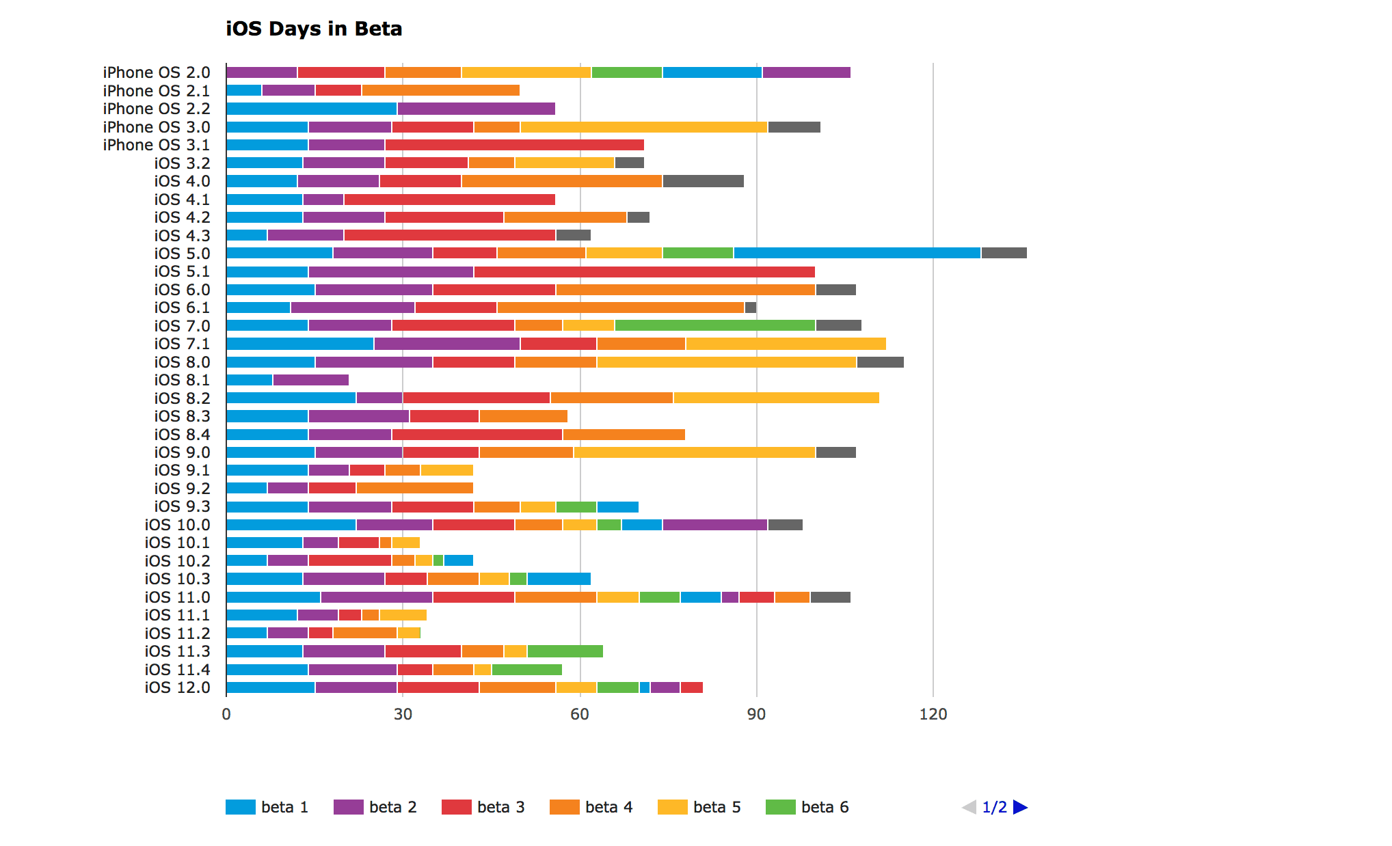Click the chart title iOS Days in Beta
tap(314, 29)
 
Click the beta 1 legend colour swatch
tap(240, 807)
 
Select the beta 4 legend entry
tap(592, 807)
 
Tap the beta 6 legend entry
tap(808, 807)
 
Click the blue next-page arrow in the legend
tap(1020, 807)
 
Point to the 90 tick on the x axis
tap(756, 714)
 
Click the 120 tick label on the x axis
tap(933, 714)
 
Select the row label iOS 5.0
tap(182, 254)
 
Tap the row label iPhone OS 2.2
tap(157, 109)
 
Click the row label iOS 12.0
tap(177, 687)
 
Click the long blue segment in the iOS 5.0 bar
tap(857, 253)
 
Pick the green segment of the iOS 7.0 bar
tap(714, 325)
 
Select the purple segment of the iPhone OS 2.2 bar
tap(476, 109)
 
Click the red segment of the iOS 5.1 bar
tap(644, 271)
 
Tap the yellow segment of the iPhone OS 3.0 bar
tap(643, 127)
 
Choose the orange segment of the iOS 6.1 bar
tap(621, 308)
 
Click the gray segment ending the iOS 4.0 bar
tap(703, 181)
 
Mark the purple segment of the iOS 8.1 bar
tap(310, 380)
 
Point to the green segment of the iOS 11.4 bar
tap(526, 670)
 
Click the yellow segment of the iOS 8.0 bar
tap(726, 362)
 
